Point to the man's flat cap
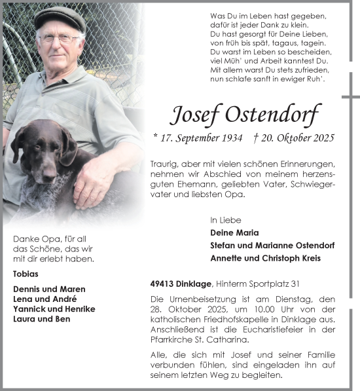click(60, 17)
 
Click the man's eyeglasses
click(60, 39)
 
